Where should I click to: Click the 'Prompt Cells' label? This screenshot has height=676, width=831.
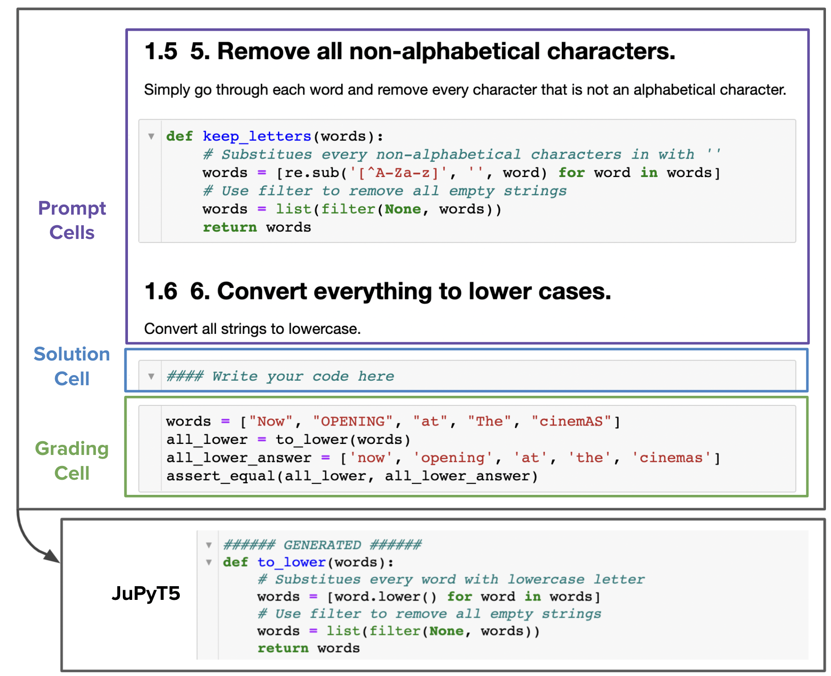[72, 220]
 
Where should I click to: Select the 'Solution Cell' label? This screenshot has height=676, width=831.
[72, 366]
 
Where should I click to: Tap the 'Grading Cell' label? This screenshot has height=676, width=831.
[72, 460]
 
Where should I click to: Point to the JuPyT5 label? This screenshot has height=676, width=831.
[146, 593]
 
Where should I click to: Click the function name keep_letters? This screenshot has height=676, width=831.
[257, 136]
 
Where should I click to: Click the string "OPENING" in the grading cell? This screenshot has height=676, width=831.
[353, 421]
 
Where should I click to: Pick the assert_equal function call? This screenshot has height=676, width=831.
[352, 476]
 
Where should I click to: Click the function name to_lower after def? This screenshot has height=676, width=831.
[292, 562]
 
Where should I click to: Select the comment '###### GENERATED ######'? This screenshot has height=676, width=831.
[322, 545]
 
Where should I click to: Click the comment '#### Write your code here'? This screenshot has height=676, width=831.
[280, 376]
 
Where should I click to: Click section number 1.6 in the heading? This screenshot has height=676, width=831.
[161, 291]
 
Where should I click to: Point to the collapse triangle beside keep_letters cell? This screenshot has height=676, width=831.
[151, 136]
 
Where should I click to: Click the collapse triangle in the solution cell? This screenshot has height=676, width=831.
[151, 377]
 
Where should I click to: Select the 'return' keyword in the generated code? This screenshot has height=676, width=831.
[283, 648]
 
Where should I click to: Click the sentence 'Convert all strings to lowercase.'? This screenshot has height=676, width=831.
[252, 329]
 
